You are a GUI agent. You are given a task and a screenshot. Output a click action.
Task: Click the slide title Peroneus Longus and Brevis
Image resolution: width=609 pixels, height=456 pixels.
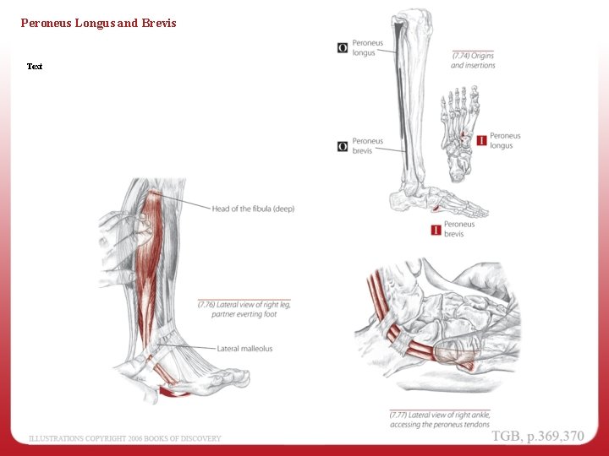point(99,23)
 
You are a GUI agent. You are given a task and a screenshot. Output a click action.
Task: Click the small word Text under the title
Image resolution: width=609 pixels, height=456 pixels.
point(35,66)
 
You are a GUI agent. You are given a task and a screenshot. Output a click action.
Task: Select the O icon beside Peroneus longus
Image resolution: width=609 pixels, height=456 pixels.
point(343,48)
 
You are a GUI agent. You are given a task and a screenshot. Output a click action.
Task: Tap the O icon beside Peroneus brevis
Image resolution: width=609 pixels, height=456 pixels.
point(343,146)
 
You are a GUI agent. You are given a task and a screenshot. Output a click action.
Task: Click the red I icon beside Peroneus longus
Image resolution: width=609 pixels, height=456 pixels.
point(481,140)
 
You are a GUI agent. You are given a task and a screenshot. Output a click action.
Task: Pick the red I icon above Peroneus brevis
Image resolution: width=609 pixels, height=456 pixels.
point(436,229)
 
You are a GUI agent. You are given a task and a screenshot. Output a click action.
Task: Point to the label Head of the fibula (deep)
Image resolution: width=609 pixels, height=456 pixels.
point(253,209)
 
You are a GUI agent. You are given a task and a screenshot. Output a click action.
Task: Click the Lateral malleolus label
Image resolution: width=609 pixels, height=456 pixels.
point(244,348)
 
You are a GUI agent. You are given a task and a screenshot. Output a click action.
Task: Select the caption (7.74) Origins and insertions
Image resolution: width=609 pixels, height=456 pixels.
point(473,60)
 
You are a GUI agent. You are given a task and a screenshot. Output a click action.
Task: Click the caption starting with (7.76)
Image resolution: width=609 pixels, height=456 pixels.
point(244,309)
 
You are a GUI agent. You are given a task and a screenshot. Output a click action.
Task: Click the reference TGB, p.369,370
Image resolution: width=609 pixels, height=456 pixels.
point(538,436)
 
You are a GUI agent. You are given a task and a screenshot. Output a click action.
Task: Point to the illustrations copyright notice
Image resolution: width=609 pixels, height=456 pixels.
point(125,438)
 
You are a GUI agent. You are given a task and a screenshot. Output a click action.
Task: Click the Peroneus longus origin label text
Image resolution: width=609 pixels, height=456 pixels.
point(367,48)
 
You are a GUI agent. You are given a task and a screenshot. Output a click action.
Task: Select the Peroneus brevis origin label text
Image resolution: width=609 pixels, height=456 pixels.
point(367,146)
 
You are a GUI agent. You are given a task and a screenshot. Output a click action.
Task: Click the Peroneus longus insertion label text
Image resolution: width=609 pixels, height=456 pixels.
point(505,140)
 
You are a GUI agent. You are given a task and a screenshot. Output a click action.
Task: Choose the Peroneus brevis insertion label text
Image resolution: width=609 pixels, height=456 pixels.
point(459,229)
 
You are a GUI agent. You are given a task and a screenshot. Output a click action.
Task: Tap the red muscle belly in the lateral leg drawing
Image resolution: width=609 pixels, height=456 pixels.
point(151,253)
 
